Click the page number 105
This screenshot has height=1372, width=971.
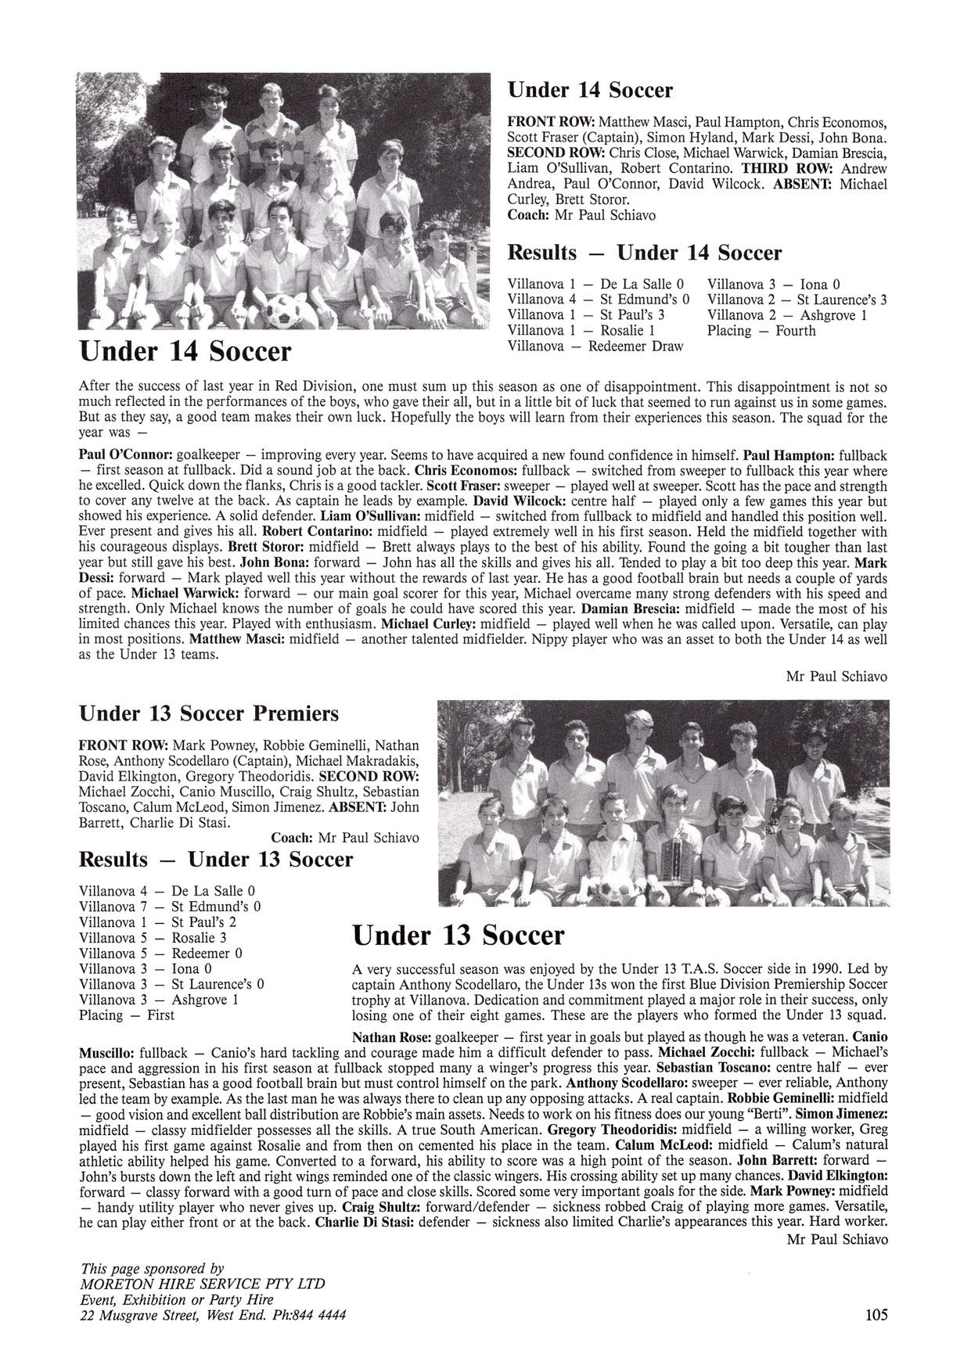click(876, 1315)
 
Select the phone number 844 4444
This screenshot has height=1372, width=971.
click(316, 1315)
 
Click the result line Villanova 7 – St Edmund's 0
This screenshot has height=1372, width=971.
click(170, 907)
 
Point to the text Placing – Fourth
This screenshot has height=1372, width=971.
click(761, 331)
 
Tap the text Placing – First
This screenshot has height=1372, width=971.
click(127, 1015)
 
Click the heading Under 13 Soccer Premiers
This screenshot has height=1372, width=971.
click(209, 713)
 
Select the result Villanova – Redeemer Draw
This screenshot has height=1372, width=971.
click(595, 347)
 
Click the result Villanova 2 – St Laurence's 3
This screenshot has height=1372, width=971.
click(797, 300)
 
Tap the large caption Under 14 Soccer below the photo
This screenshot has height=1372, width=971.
click(185, 351)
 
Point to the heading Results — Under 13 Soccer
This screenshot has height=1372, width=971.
click(216, 860)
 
